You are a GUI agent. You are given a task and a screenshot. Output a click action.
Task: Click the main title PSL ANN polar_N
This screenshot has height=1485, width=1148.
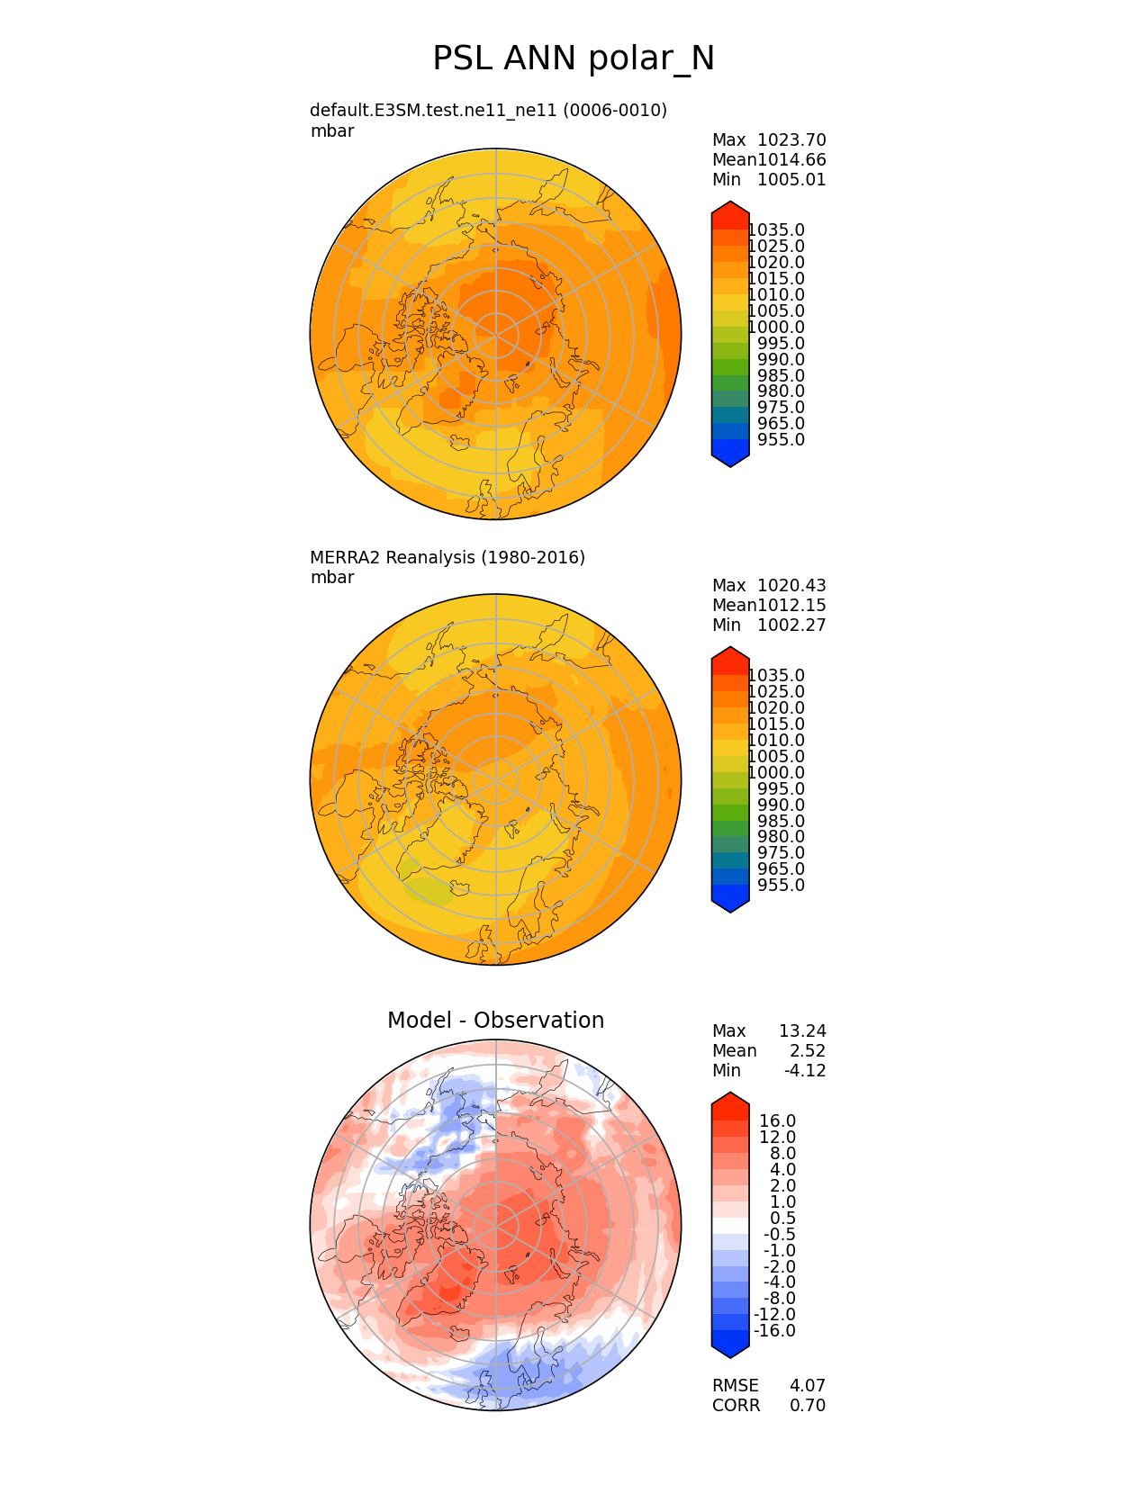point(574,58)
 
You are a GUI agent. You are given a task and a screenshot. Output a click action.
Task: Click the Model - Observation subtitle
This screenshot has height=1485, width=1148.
point(495,1021)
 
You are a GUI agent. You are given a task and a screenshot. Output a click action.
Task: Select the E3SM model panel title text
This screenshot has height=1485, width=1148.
point(488,111)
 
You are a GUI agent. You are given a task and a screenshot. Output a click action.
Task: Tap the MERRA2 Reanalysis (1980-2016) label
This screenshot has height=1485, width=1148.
point(447,558)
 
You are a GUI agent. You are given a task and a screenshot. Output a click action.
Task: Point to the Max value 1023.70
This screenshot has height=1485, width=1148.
point(791,140)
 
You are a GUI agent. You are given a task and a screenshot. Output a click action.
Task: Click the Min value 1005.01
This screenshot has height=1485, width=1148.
point(791,180)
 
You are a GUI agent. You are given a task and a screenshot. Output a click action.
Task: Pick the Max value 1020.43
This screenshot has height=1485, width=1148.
point(791,586)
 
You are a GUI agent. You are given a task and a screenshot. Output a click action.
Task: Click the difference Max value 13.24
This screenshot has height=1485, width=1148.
point(802,1031)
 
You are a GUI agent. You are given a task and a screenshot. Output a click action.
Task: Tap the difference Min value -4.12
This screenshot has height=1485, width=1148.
point(805,1071)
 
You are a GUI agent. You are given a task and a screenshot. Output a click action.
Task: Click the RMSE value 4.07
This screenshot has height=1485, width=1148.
point(807,1386)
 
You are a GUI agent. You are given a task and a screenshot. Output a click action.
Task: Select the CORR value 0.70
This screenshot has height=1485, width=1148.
point(807,1406)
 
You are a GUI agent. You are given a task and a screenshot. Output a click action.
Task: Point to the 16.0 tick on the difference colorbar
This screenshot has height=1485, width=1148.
point(777,1121)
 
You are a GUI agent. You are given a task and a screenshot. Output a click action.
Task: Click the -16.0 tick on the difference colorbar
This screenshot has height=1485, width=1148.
point(774,1331)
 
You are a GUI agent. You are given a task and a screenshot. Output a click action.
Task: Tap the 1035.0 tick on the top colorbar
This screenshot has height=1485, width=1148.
point(776,230)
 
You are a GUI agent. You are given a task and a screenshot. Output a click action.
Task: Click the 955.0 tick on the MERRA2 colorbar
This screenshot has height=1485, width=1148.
point(781,886)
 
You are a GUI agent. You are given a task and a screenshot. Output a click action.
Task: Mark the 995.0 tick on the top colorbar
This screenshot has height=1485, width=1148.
point(781,344)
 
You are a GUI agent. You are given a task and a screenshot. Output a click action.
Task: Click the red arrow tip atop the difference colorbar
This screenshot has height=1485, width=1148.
point(730,1100)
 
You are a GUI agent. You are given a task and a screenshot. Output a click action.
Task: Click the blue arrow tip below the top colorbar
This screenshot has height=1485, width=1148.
point(730,460)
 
